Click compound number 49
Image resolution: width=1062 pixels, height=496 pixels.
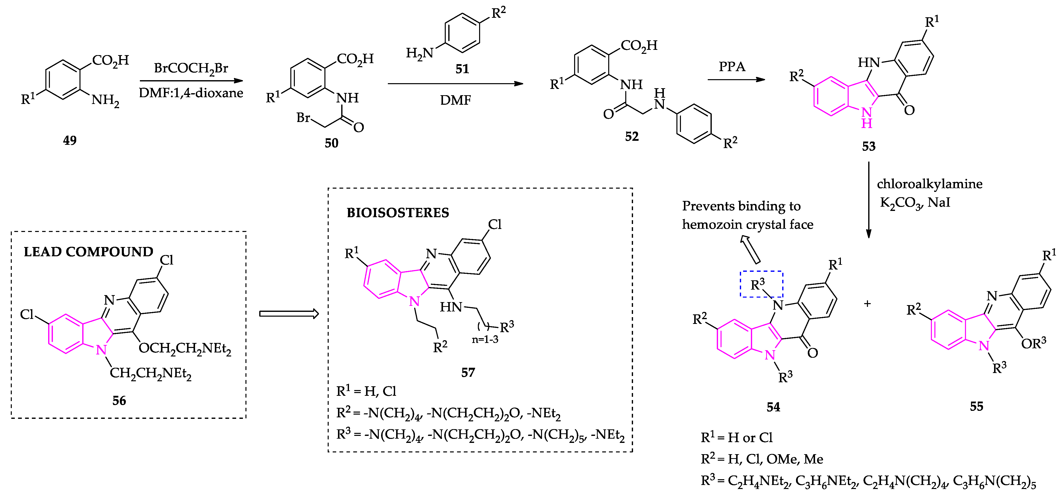coord(70,141)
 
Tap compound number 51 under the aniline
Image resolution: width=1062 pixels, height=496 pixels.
coord(462,69)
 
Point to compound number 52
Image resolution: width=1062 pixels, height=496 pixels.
coord(632,136)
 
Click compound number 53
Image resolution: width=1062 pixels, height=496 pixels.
coord(869,146)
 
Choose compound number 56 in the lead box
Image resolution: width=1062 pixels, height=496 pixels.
coord(119,400)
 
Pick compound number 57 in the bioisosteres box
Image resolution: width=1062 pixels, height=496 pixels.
coord(468,373)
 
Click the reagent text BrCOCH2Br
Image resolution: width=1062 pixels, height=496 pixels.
coord(191,68)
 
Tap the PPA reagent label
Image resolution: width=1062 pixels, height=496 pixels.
coord(732,67)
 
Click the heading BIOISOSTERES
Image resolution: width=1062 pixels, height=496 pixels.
coord(398,213)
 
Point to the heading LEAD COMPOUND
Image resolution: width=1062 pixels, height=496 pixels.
coord(88,252)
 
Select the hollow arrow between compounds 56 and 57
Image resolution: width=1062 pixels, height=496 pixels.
coord(289,314)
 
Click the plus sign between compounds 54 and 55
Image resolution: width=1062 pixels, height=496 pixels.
coord(867,304)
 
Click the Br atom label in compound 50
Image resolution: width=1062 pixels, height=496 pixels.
coord(303,118)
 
